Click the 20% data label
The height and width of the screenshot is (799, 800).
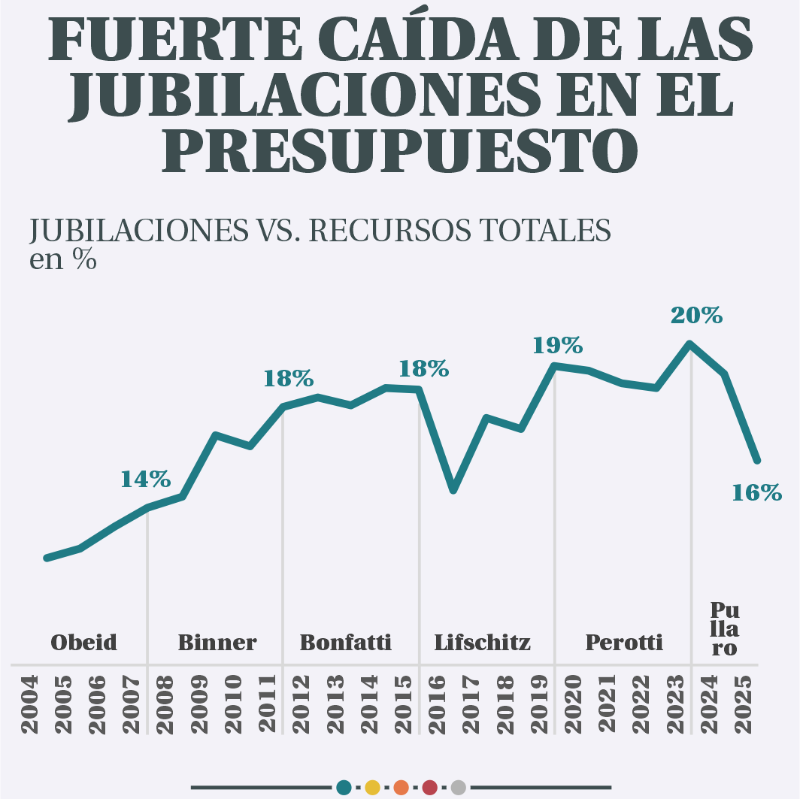tap(696, 316)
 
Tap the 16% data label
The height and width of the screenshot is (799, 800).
tap(756, 493)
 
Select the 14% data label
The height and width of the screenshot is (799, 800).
tap(146, 479)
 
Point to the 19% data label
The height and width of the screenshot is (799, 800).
tap(557, 346)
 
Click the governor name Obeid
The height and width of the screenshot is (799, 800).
tap(83, 643)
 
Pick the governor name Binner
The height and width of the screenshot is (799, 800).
tap(217, 643)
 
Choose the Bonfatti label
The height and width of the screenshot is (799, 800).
tap(345, 643)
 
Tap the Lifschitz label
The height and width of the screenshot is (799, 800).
tap(482, 643)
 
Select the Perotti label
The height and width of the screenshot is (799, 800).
tap(623, 643)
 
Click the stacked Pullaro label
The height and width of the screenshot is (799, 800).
tap(724, 629)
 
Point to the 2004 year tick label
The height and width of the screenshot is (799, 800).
tap(30, 705)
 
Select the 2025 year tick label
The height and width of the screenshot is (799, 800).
tap(743, 705)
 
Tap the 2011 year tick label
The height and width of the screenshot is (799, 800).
tap(268, 705)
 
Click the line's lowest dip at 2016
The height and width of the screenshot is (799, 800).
tap(453, 490)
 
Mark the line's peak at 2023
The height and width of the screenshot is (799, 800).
tap(690, 344)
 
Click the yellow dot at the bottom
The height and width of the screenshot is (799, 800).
tap(371, 788)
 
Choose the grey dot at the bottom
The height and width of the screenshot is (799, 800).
tap(459, 788)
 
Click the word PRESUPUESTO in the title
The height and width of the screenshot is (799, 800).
tap(399, 150)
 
